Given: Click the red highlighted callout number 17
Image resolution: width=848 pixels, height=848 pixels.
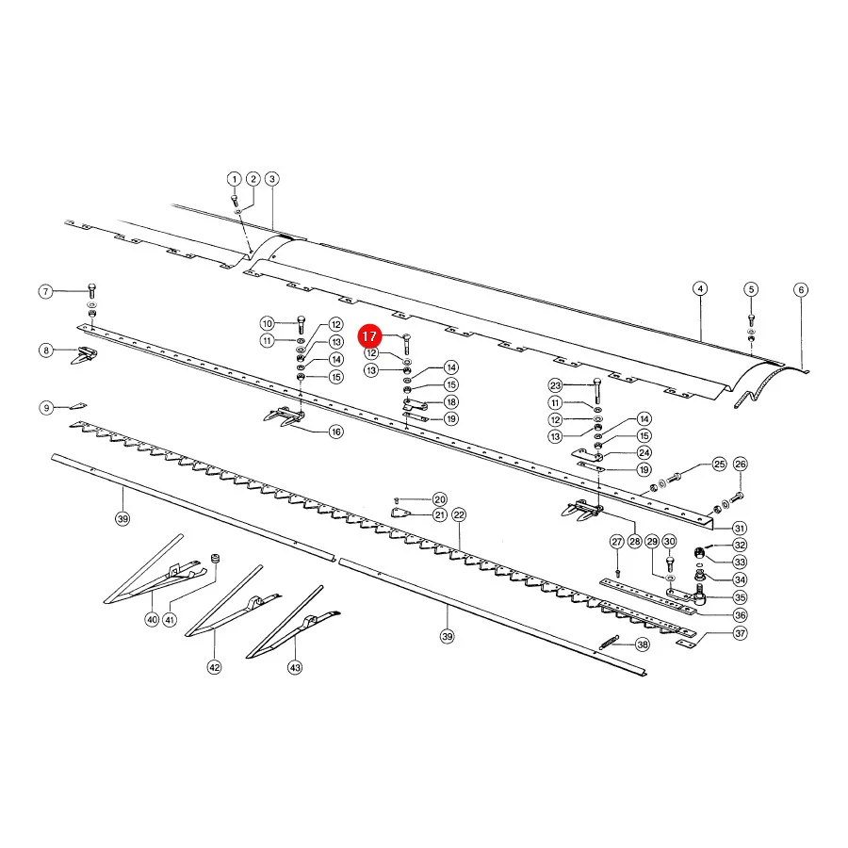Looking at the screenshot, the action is tap(369, 335).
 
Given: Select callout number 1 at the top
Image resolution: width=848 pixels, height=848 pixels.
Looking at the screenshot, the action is tap(234, 179).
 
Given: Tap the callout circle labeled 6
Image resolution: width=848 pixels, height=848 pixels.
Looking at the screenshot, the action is tap(801, 289).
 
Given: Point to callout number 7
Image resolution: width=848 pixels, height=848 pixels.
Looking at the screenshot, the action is tap(46, 291).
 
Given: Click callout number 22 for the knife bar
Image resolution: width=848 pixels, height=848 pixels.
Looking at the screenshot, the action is tap(459, 514).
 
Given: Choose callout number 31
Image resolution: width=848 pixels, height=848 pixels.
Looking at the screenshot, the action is tap(740, 528).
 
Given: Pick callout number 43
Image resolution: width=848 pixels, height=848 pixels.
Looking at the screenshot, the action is tap(295, 667).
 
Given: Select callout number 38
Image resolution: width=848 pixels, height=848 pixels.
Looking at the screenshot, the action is tap(643, 644).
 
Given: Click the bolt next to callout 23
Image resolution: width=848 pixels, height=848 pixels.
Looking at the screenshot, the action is tap(596, 390).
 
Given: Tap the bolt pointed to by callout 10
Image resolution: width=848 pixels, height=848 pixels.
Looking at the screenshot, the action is tap(302, 324).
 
